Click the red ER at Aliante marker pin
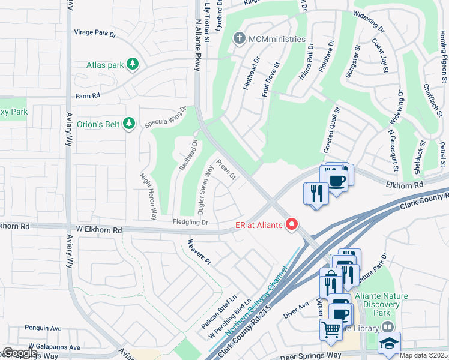292,224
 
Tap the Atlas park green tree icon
132,64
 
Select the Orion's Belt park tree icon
128,124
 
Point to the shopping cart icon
331,329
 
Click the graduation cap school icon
388,344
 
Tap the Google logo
20,353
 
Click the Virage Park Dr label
95,34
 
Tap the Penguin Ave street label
43,328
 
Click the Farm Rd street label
86,96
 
